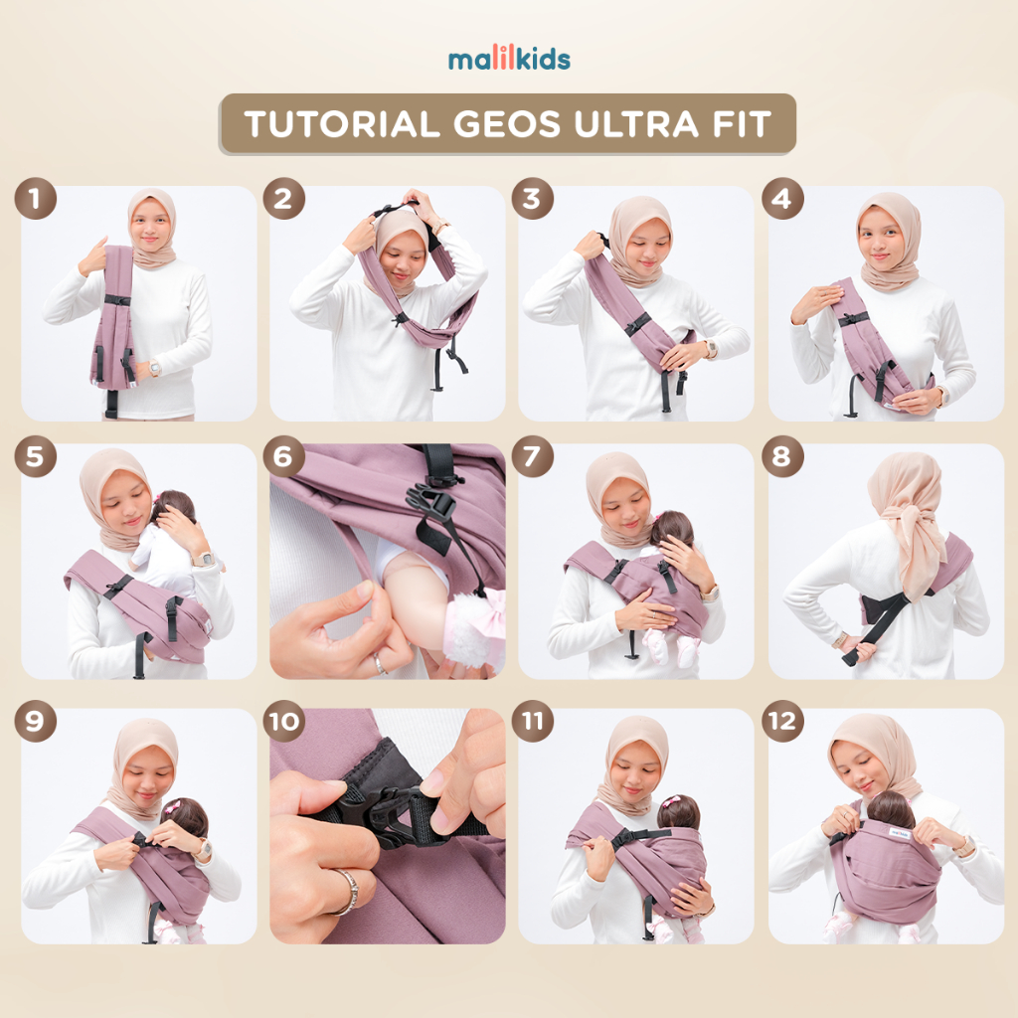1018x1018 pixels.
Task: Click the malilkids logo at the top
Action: (x=509, y=59)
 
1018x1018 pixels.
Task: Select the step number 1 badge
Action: (x=35, y=198)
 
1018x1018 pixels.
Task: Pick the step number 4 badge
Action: (x=782, y=198)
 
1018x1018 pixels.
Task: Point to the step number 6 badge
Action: (x=283, y=456)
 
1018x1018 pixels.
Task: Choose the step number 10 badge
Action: (x=283, y=722)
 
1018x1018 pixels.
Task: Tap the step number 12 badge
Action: (x=782, y=722)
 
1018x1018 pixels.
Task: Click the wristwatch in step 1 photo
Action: (x=154, y=369)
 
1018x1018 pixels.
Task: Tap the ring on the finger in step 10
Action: (x=347, y=892)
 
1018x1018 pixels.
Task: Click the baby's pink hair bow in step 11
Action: (x=672, y=801)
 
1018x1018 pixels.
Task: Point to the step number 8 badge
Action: (x=782, y=456)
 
